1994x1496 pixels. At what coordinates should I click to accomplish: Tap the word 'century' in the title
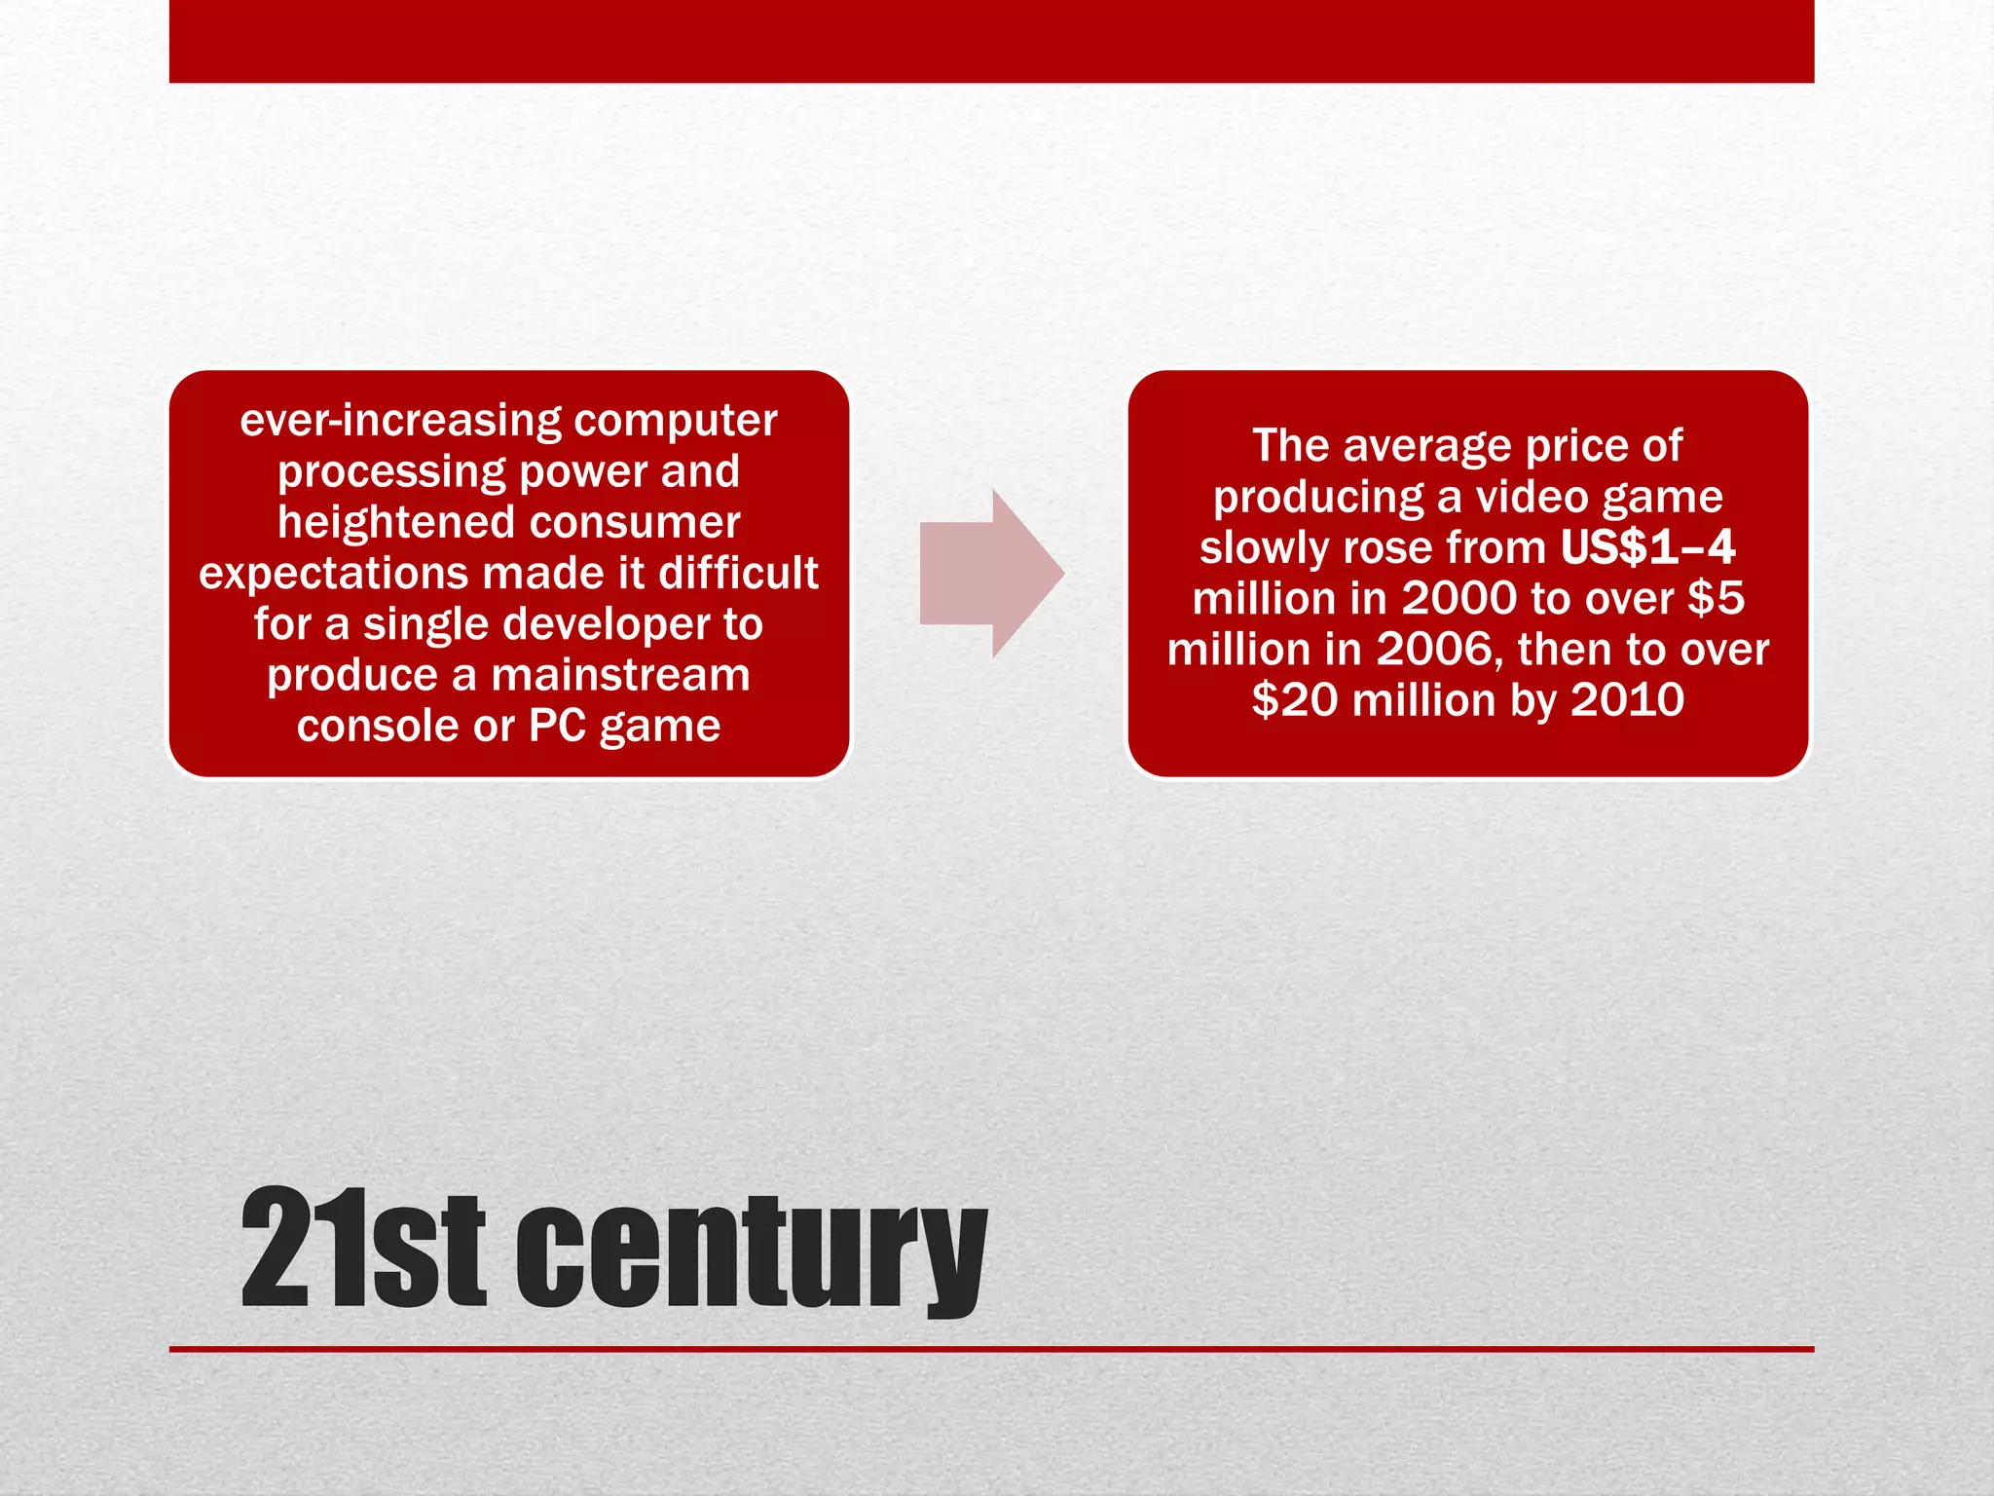tap(751, 1252)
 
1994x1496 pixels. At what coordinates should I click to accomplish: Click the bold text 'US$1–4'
tap(1647, 547)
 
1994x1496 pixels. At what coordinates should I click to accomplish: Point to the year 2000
tap(1459, 598)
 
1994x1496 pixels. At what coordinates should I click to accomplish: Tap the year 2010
tap(1627, 700)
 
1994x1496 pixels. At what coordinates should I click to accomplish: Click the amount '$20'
tap(1294, 700)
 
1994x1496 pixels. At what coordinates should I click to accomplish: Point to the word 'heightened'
tap(396, 522)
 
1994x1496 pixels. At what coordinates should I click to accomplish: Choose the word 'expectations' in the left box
tap(333, 573)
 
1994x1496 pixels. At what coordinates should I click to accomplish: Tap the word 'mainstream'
tap(620, 675)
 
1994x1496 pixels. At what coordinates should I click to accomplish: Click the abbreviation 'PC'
tap(557, 726)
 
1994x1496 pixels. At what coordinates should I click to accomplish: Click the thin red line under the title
tap(991, 1349)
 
